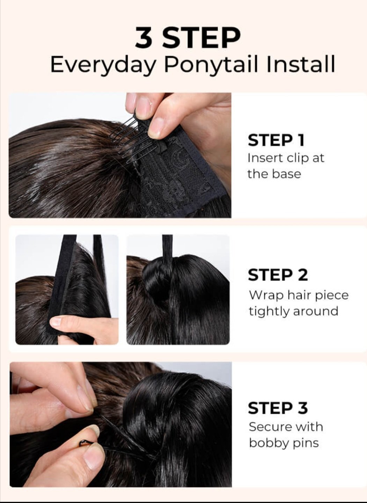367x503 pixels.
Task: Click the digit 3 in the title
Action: coord(144,37)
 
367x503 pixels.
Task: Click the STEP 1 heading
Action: coord(276,140)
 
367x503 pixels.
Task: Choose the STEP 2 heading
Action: coord(278,275)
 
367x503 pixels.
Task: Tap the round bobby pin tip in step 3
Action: coord(82,442)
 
